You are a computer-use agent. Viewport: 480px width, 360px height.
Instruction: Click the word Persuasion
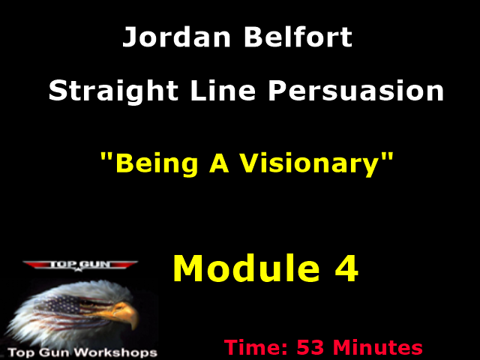356,91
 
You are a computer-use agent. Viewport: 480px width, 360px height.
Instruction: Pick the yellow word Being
149,163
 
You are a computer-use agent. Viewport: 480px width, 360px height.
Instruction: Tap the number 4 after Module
346,268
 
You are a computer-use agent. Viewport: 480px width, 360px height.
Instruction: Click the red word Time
255,348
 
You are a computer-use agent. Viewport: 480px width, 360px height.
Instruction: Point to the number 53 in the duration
311,348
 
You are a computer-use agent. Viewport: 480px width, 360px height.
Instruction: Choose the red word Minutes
378,348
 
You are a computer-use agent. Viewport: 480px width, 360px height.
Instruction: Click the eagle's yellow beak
128,315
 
